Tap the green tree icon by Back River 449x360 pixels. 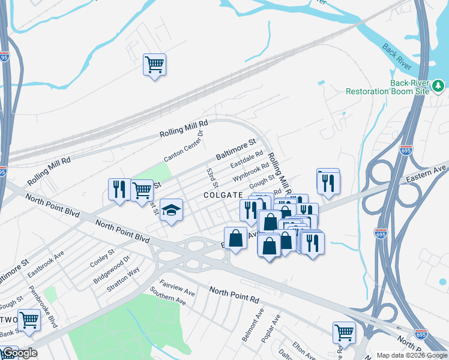coord(439,87)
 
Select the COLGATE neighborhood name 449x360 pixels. coord(222,195)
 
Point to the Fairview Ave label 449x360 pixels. coord(177,287)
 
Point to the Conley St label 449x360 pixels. coord(102,259)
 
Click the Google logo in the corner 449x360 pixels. coord(19,353)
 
